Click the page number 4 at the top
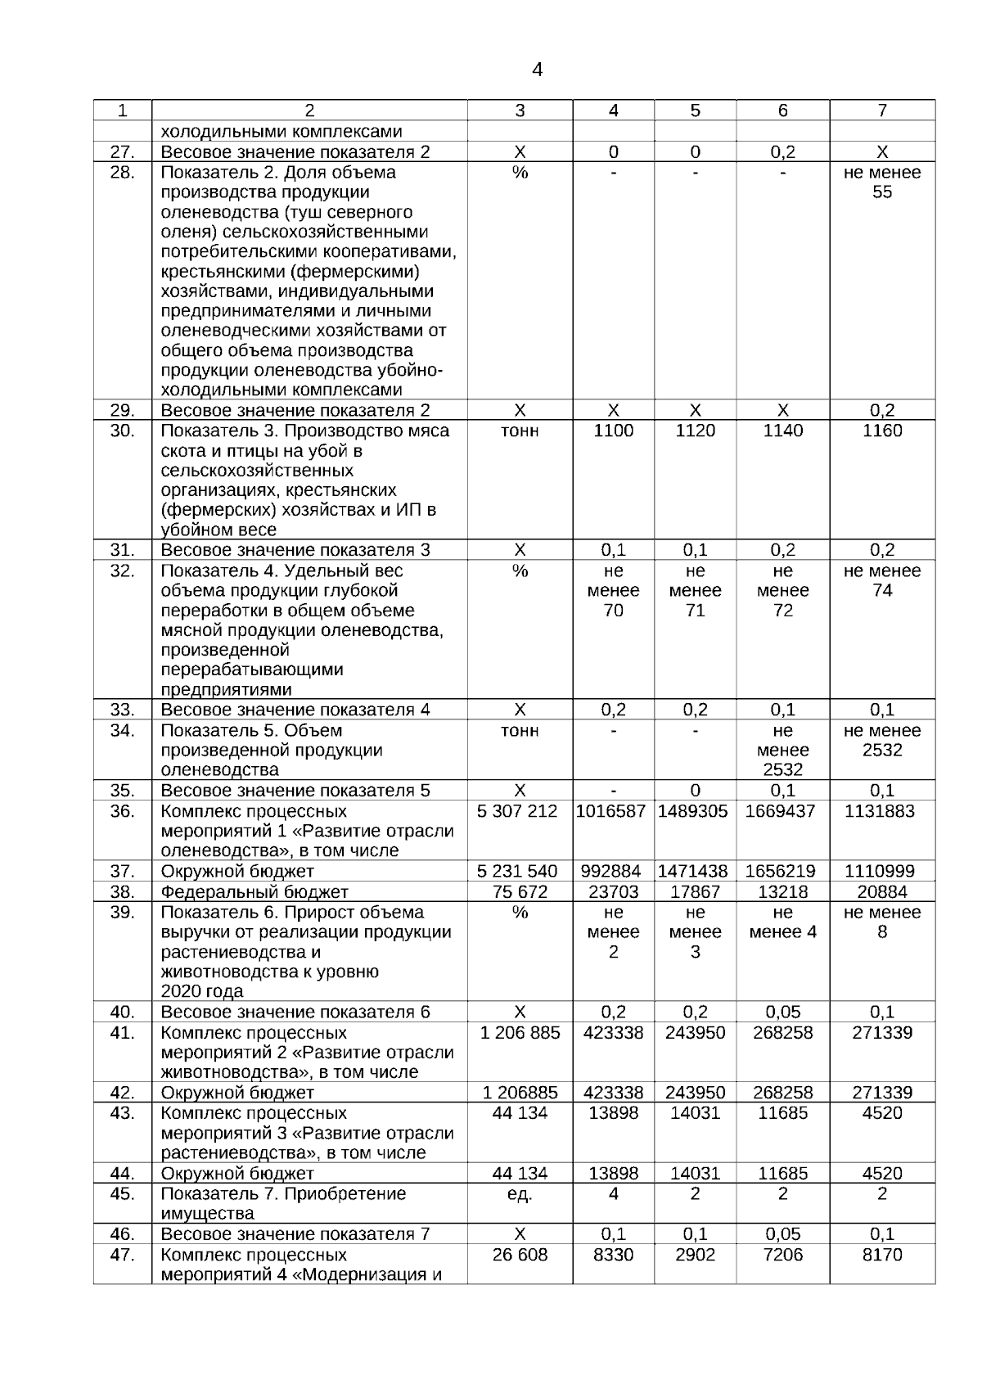pyautogui.click(x=537, y=70)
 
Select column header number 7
pyautogui.click(x=882, y=110)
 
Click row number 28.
pyautogui.click(x=122, y=173)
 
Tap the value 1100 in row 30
pyautogui.click(x=613, y=431)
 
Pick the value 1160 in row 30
pyautogui.click(x=882, y=431)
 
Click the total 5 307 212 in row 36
pyautogui.click(x=520, y=812)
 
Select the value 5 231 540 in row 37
pyautogui.click(x=520, y=872)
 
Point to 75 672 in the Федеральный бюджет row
pyautogui.click(x=520, y=892)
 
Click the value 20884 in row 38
pyautogui.click(x=882, y=892)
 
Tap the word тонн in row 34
pyautogui.click(x=520, y=731)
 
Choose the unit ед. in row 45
pyautogui.click(x=520, y=1194)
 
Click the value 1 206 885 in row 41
pyautogui.click(x=520, y=1033)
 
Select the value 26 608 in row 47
pyautogui.click(x=520, y=1256)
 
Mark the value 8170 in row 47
pyautogui.click(x=882, y=1256)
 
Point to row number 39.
pyautogui.click(x=122, y=913)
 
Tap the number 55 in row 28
pyautogui.click(x=882, y=193)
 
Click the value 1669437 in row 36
pyautogui.click(x=782, y=812)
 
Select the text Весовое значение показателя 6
pyautogui.click(x=295, y=1012)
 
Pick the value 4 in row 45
pyautogui.click(x=613, y=1194)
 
